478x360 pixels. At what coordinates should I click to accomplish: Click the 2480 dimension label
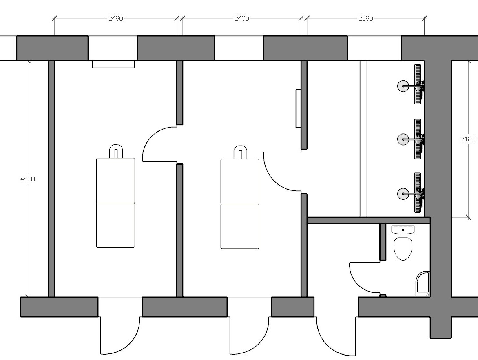click(x=115, y=19)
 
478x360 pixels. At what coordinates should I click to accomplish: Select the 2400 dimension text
click(x=241, y=19)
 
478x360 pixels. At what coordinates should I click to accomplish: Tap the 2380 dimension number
click(x=365, y=19)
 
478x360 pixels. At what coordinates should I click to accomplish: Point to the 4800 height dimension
click(x=27, y=179)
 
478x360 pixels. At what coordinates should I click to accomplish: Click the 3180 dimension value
click(x=468, y=139)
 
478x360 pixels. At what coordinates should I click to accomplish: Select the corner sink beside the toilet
click(x=423, y=284)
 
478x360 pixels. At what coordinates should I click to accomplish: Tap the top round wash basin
click(x=403, y=86)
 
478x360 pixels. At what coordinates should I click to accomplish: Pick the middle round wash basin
click(x=403, y=139)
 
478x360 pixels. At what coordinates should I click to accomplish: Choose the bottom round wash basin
click(x=403, y=194)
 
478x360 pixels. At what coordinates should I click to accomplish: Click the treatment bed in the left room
click(x=115, y=203)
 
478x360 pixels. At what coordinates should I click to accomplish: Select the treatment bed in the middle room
click(x=240, y=203)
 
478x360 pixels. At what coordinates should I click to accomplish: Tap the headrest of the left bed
click(x=116, y=151)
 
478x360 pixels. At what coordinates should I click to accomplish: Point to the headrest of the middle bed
click(x=240, y=152)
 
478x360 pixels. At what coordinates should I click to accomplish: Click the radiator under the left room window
click(x=113, y=64)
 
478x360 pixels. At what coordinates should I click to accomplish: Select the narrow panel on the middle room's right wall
click(x=299, y=108)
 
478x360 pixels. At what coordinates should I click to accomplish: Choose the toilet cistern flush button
click(x=403, y=230)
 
